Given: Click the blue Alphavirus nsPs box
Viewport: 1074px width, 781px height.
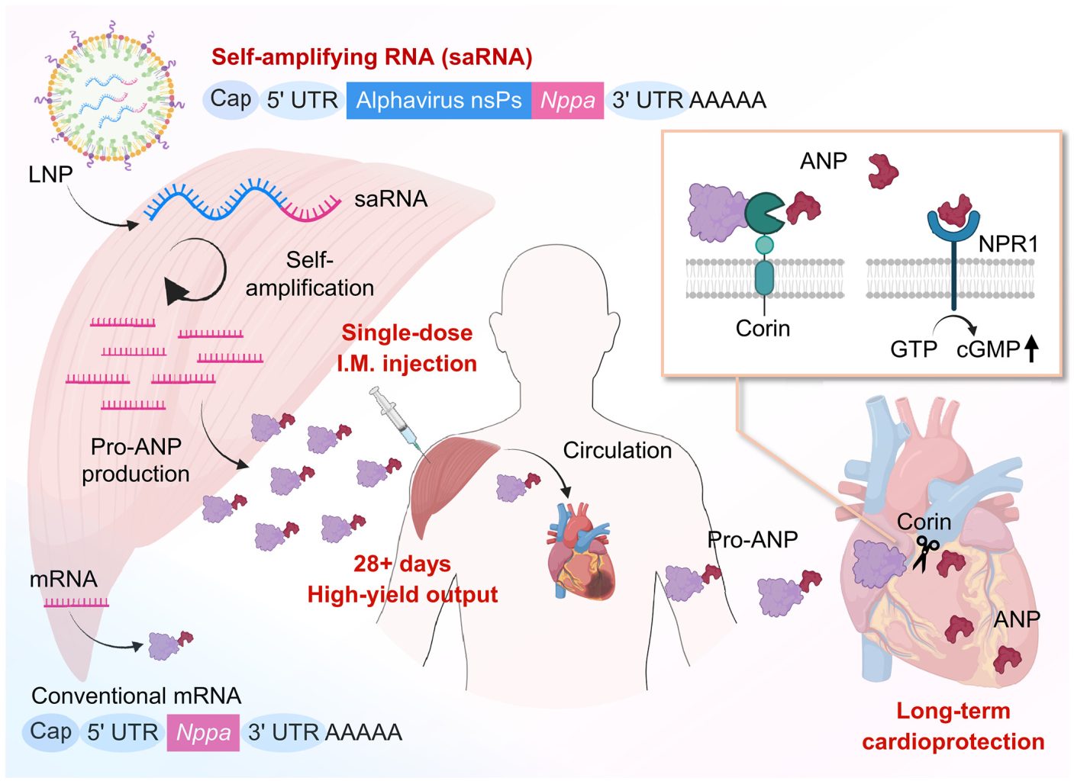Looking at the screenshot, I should (438, 101).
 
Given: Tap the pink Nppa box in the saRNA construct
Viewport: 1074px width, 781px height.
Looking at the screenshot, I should (567, 101).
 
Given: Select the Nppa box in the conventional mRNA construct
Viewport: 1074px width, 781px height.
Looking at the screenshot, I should (203, 733).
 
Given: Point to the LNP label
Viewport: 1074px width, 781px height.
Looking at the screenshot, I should (50, 175).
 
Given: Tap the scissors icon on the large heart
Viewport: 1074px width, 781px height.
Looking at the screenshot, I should (927, 552).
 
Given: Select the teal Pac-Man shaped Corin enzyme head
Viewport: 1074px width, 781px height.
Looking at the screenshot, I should (763, 213).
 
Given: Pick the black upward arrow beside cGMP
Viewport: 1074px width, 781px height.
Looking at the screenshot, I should (1031, 349).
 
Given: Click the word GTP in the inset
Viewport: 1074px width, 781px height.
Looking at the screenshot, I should (913, 349).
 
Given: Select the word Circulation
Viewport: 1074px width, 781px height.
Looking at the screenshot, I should (617, 450).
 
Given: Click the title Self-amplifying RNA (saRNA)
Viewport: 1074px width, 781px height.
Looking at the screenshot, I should (372, 57).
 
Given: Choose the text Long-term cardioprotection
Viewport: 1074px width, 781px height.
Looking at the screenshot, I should (953, 726).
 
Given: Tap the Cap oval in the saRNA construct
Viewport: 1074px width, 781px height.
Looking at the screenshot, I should (231, 99).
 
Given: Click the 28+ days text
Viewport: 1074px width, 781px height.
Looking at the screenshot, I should (402, 564).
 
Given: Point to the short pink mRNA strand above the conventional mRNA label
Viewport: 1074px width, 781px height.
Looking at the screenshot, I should (76, 603).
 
